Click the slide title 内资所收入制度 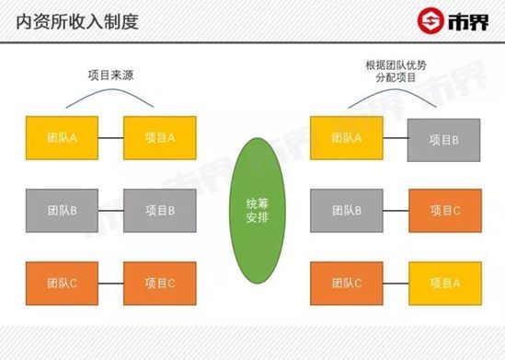(x=78, y=19)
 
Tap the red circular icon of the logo (x=429, y=19)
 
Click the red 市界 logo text (x=468, y=19)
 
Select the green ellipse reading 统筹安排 (x=253, y=209)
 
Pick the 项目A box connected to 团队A (x=159, y=138)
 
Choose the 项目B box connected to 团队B (x=159, y=210)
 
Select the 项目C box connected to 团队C (x=159, y=283)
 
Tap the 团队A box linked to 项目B (x=346, y=137)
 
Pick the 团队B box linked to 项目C (x=346, y=210)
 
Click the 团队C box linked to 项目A (x=346, y=283)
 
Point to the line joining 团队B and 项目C (x=395, y=210)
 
